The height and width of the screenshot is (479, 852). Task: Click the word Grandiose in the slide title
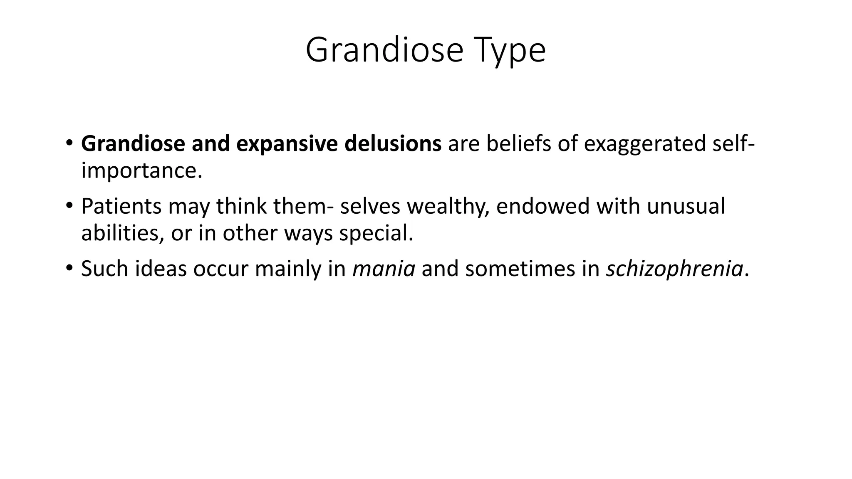(384, 51)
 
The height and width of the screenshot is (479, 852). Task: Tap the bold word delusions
(393, 143)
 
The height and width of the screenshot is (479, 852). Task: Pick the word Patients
(121, 206)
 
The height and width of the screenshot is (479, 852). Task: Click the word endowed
(542, 206)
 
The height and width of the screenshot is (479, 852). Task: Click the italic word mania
(384, 269)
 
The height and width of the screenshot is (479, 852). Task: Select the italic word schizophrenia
(674, 269)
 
